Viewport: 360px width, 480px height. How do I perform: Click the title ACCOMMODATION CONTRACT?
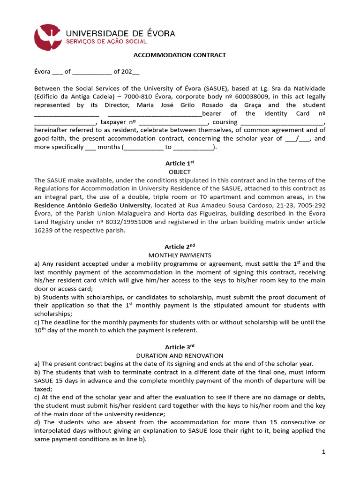click(180, 55)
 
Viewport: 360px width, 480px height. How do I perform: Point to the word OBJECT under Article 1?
click(180, 172)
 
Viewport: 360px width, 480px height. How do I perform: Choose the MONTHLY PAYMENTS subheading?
click(180, 255)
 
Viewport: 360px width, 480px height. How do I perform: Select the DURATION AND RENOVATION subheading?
click(180, 356)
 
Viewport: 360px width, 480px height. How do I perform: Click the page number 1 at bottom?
click(323, 452)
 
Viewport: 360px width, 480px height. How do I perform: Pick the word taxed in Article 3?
click(43, 389)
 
